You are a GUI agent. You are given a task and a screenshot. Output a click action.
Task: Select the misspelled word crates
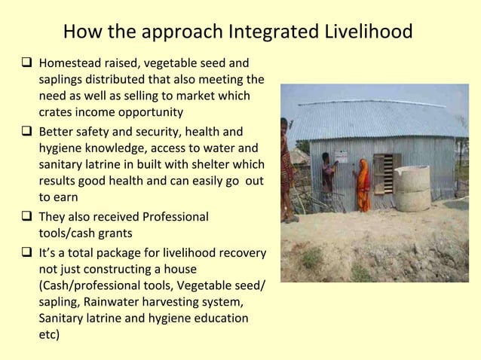(x=57, y=114)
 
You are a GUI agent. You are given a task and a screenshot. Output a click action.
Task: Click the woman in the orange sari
(x=363, y=184)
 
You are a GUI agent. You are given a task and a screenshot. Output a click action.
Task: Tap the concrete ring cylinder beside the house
(x=413, y=188)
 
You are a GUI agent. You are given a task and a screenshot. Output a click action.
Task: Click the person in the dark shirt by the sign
(x=327, y=178)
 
